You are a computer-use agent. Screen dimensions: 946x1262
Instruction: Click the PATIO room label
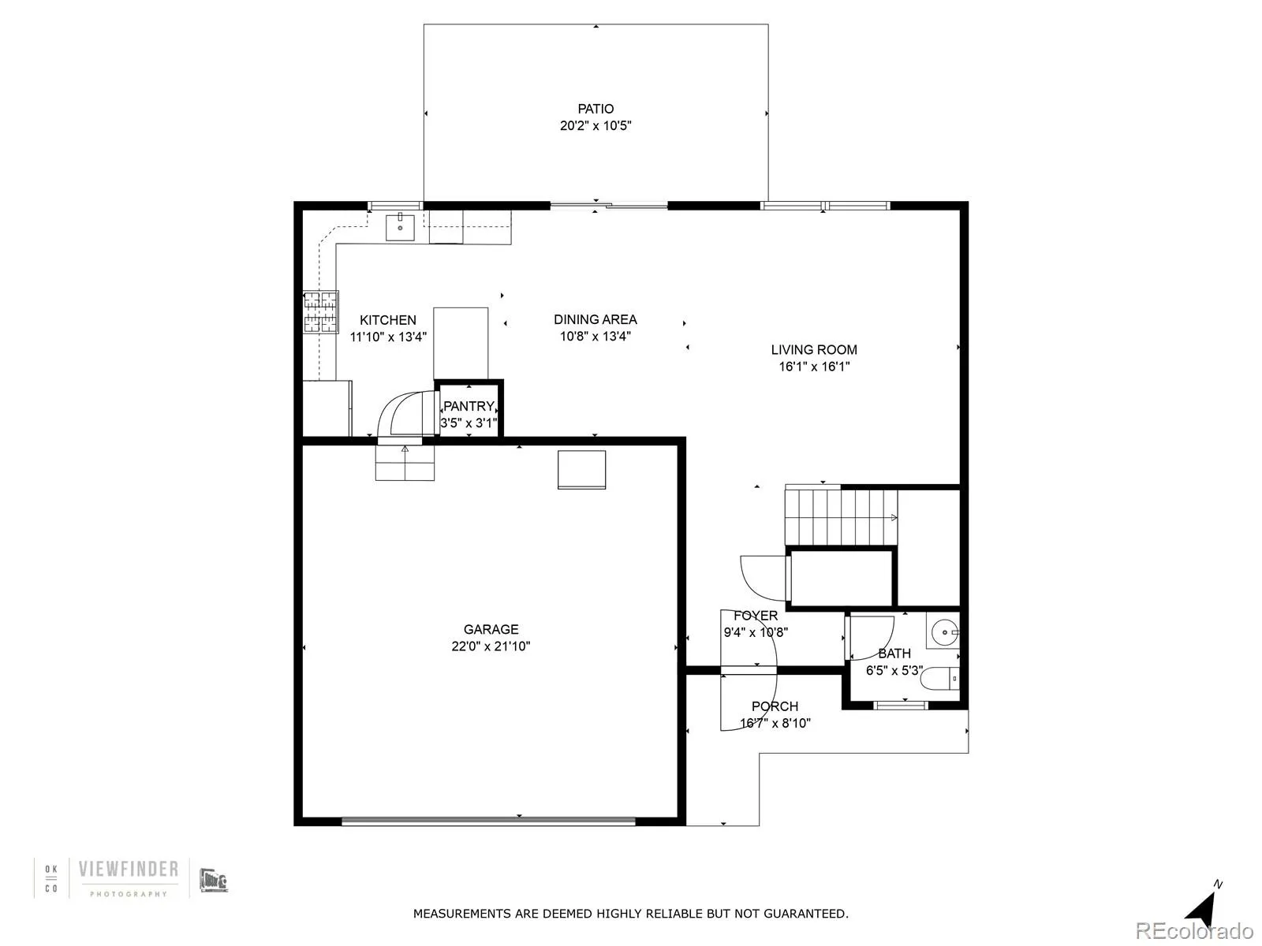coord(596,109)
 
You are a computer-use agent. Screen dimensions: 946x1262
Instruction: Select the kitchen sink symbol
coord(401,227)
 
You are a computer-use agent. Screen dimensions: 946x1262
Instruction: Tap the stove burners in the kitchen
coord(321,312)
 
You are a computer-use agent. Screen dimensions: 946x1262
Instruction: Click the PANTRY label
coord(469,406)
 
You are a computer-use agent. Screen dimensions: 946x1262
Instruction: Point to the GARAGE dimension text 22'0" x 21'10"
coord(491,646)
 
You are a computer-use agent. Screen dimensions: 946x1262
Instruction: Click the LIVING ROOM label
coord(814,349)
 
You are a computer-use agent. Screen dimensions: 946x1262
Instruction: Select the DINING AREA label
coord(595,319)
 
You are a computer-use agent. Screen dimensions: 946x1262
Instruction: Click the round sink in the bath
coord(943,632)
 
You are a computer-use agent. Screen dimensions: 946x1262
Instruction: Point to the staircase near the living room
coord(841,517)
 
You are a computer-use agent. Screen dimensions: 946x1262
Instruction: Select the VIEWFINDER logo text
coord(128,870)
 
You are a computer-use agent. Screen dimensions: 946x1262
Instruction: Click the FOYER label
coord(756,616)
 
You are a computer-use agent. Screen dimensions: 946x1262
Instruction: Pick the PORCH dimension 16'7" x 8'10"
coord(775,723)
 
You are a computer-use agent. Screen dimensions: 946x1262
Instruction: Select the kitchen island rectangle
coord(461,344)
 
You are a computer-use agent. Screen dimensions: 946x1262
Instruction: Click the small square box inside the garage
coord(582,470)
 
